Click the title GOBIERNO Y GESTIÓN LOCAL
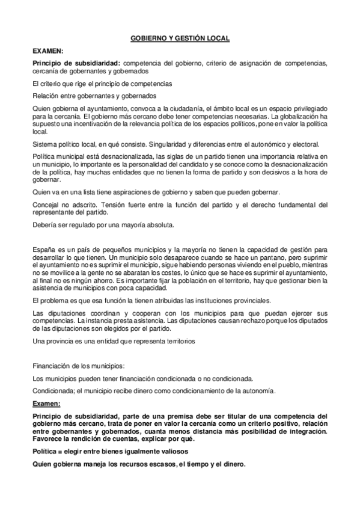180,38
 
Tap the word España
44,248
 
